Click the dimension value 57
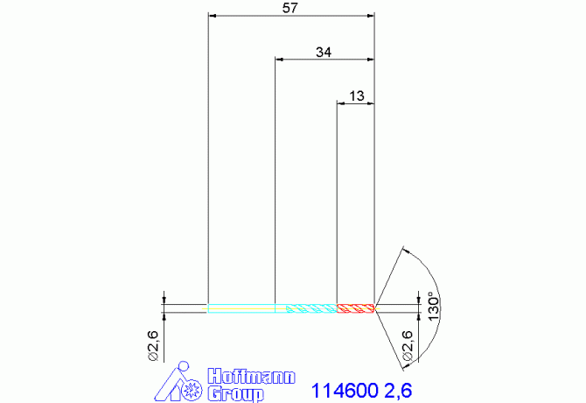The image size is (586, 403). coord(290,8)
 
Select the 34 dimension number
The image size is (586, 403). coord(324,52)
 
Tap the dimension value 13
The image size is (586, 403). coord(357,96)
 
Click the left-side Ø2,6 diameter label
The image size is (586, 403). coord(154,346)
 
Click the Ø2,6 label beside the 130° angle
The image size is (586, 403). coord(408,346)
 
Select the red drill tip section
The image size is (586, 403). coord(355,308)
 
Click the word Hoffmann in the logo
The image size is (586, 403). coord(251,376)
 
